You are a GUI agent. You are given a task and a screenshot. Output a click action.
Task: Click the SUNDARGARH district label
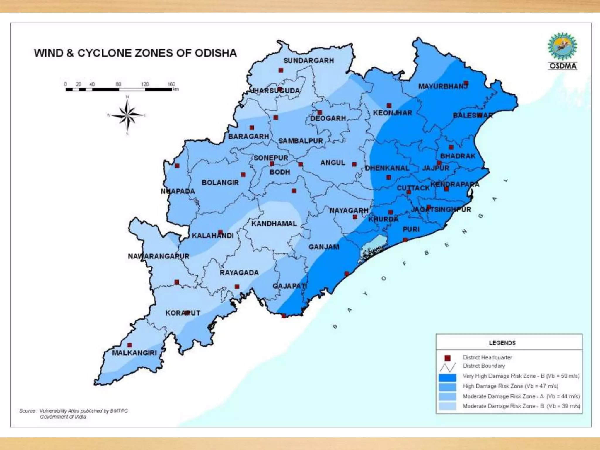(x=308, y=61)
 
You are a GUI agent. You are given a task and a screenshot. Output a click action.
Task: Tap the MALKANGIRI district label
(x=134, y=353)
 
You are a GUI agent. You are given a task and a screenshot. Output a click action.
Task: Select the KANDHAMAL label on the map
(x=274, y=224)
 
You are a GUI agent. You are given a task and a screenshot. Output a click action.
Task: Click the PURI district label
(x=411, y=229)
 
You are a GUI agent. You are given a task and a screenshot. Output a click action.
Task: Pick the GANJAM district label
(x=324, y=247)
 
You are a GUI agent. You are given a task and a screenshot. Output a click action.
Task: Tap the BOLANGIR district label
(x=220, y=183)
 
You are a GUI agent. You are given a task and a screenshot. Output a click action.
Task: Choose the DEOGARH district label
(x=328, y=118)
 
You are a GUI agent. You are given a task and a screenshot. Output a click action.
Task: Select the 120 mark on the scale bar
(x=145, y=84)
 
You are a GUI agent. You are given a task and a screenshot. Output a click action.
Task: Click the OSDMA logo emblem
(x=562, y=47)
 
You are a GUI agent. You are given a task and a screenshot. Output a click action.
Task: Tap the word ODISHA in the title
(x=216, y=53)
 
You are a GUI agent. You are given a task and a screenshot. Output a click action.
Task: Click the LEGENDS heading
(x=502, y=343)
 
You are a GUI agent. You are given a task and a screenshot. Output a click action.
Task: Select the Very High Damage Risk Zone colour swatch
(x=447, y=377)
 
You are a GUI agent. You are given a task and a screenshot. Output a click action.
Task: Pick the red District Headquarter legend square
(x=447, y=358)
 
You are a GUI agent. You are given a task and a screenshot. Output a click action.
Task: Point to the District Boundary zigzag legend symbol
(x=447, y=367)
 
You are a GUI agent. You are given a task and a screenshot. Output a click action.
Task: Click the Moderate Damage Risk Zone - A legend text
(x=521, y=396)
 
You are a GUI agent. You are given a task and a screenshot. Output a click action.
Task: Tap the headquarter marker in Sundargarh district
(x=281, y=70)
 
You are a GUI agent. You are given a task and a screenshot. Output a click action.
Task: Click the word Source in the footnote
(x=27, y=411)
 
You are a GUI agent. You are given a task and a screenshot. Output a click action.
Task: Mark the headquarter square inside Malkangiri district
(x=129, y=345)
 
